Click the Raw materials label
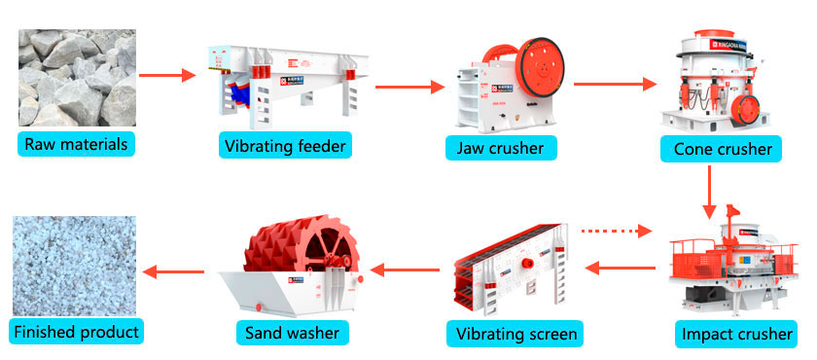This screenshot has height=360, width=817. [x=76, y=145]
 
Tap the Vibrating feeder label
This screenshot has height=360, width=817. [x=284, y=147]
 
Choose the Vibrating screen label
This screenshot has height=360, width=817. [x=515, y=335]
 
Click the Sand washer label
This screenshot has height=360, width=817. [x=292, y=333]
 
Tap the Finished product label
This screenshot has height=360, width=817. [x=77, y=332]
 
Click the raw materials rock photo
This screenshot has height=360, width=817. [x=76, y=79]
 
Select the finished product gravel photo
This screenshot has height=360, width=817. [x=75, y=263]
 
